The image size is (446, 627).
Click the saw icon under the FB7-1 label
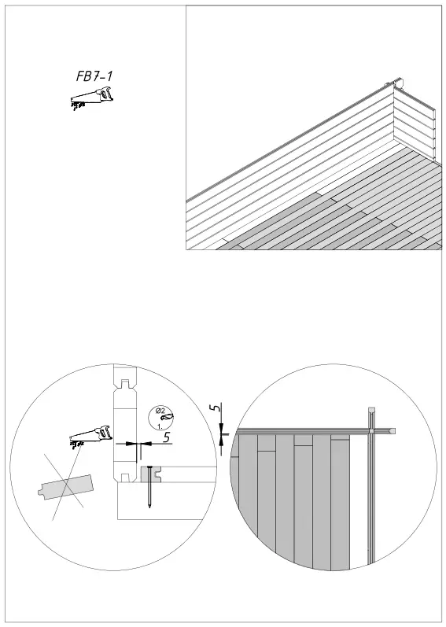(x=91, y=98)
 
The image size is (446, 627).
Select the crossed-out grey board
(x=66, y=488)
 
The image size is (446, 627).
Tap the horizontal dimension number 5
(x=166, y=437)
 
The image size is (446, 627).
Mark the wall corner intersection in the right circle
(x=372, y=431)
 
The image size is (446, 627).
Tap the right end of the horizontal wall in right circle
(x=392, y=431)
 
